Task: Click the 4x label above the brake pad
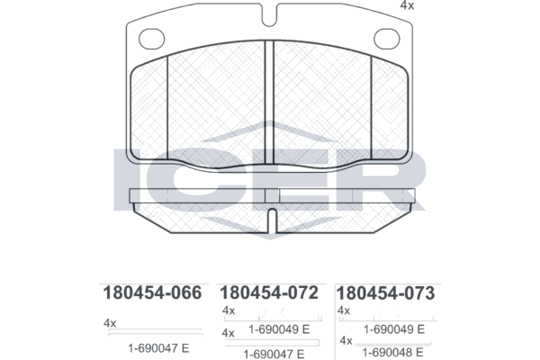(407, 6)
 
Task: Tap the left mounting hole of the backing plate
(151, 39)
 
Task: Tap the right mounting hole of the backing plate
(387, 39)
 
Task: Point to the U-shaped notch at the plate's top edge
(269, 15)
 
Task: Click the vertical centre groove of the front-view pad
(269, 103)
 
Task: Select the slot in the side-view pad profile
(272, 220)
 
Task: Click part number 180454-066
(152, 292)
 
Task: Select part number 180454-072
(269, 292)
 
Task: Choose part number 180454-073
(385, 293)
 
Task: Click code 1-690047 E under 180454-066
(158, 348)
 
